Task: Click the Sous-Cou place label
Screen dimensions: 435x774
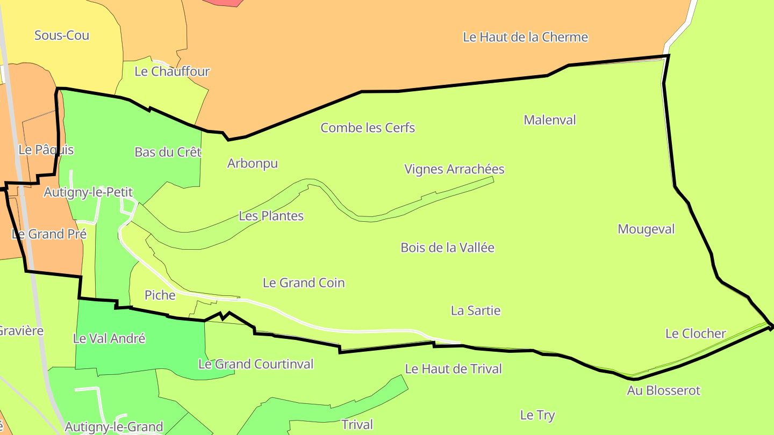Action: coord(62,35)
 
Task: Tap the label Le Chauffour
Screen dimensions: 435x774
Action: coord(172,71)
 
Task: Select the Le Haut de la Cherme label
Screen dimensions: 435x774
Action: coord(525,37)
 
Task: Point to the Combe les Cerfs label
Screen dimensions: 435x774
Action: coord(368,128)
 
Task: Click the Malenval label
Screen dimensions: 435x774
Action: coord(549,120)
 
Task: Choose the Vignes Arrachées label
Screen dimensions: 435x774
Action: coord(454,169)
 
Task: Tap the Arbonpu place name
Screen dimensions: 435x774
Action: coord(253,163)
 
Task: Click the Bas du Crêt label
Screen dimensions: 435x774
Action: coord(168,152)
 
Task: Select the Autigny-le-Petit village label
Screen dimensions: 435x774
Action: coord(88,192)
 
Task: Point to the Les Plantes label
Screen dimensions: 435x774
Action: coord(271,216)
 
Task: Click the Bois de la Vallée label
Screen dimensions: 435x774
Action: coord(447,248)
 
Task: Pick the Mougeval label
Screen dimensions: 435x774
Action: coord(646,229)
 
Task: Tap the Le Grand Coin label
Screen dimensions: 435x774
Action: coord(304,282)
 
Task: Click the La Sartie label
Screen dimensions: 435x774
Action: coord(476,310)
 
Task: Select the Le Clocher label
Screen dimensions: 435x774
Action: coord(696,334)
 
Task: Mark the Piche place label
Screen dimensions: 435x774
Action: coord(160,295)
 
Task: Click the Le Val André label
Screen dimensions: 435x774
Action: coord(109,339)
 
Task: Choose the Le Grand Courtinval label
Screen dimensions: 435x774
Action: coord(256,364)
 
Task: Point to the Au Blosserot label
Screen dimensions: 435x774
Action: coord(664,390)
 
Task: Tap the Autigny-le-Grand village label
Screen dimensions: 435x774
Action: coord(114,427)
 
